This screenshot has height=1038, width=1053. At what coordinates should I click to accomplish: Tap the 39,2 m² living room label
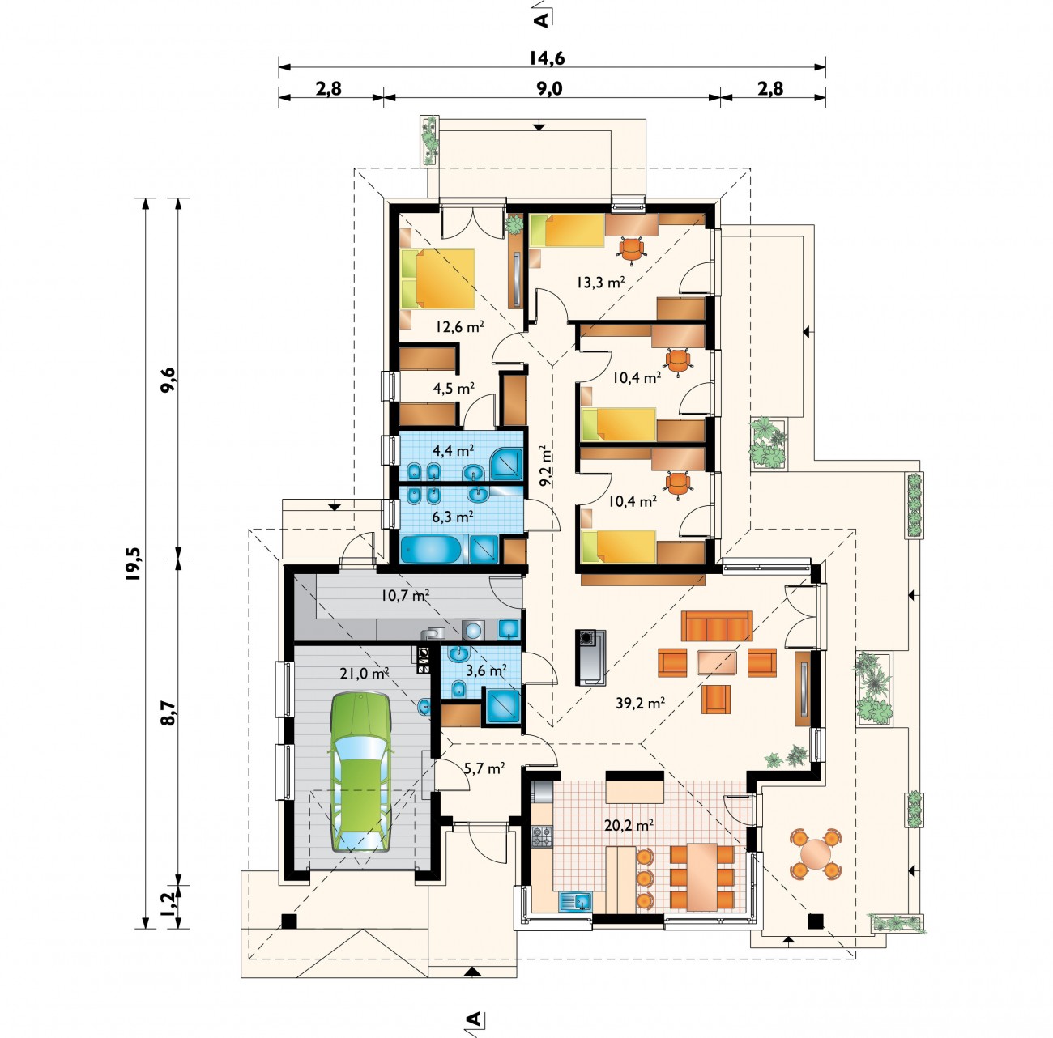(640, 703)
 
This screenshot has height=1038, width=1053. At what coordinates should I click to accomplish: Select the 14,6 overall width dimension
(547, 57)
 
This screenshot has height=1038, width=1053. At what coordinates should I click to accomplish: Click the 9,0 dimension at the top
(549, 88)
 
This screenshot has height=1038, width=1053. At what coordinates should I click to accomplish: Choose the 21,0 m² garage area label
(364, 673)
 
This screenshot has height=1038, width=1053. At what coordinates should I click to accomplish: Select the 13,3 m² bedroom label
(600, 282)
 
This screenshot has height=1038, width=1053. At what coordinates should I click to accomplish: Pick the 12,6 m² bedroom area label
(459, 326)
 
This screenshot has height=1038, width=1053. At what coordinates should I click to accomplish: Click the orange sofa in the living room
(717, 626)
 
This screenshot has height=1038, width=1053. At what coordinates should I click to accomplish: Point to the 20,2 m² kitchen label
(629, 825)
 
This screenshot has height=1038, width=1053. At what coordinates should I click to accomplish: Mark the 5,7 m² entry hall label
(484, 768)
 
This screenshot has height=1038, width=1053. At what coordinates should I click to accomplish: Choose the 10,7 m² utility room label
(405, 595)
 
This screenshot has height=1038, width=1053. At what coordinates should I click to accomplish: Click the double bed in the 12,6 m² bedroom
(437, 279)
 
